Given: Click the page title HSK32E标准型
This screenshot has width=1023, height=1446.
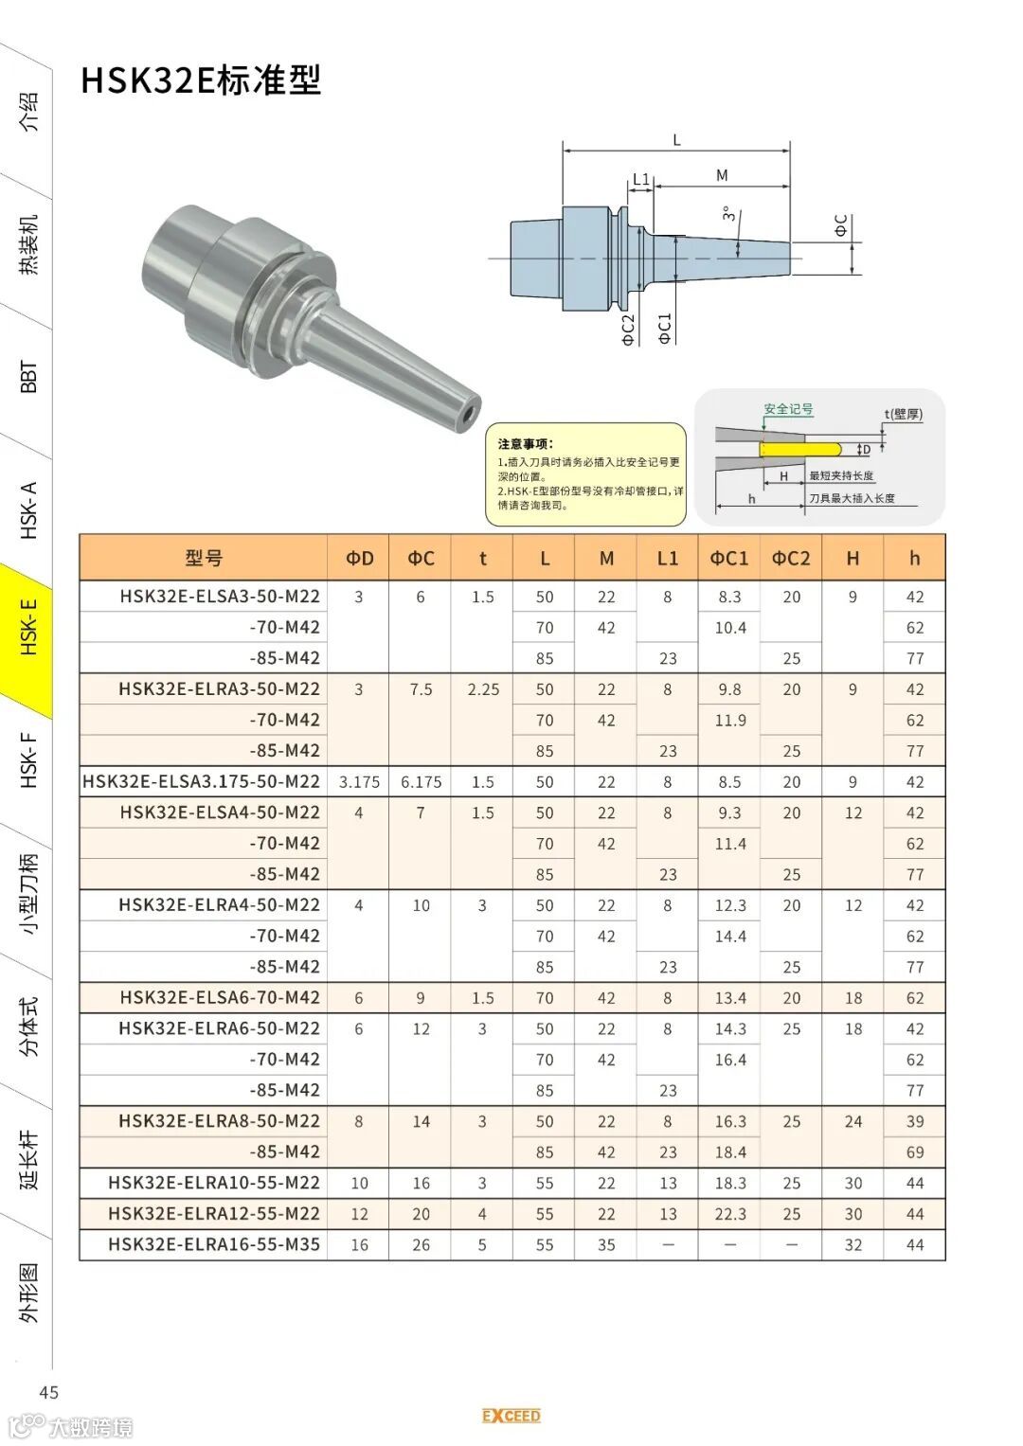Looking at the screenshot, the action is point(201,80).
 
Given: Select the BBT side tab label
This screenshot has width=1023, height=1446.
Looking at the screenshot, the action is point(28,376).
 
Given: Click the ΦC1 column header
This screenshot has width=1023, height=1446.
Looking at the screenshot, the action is point(728,558).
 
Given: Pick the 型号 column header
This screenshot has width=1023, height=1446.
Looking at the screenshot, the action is point(204,558).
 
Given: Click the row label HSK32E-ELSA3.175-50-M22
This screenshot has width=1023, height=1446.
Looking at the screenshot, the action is point(201,782).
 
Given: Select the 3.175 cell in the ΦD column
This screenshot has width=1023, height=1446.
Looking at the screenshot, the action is point(359,782).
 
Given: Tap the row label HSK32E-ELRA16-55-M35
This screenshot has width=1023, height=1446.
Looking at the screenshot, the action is point(214,1244).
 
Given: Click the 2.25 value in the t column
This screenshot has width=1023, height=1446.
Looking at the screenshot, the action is point(483,689).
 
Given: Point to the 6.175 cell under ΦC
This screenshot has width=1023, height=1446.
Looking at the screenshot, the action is point(422,782).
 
